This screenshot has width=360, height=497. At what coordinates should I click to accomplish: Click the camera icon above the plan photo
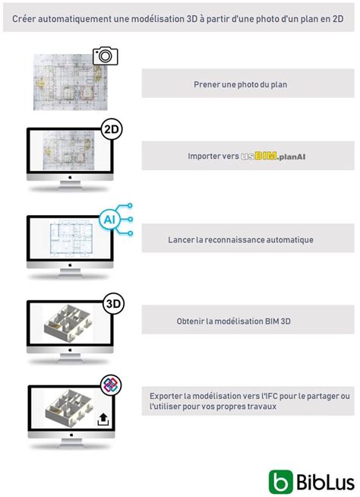tap(105, 55)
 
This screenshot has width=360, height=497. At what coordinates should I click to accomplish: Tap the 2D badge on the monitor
tap(112, 129)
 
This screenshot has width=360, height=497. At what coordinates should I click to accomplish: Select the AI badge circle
tap(112, 219)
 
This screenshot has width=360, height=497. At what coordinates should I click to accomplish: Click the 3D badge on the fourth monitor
tap(112, 302)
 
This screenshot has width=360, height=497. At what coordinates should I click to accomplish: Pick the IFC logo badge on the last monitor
tap(112, 385)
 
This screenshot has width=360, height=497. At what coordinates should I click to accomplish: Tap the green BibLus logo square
tap(280, 481)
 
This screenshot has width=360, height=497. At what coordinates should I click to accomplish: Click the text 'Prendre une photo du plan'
tap(239, 84)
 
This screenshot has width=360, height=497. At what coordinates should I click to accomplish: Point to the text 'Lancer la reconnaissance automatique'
tap(241, 239)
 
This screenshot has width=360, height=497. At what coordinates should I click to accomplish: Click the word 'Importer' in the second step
tap(204, 156)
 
